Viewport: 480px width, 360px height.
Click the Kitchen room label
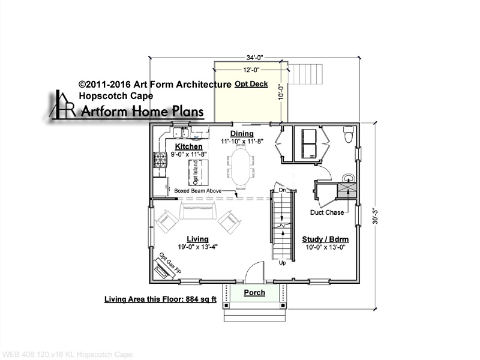[188, 146]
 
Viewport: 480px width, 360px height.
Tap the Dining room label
[242, 133]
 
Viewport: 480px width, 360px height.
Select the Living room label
[198, 239]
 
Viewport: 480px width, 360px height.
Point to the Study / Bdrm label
[325, 239]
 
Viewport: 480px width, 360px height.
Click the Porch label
[254, 293]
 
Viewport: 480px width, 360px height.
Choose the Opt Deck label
[251, 84]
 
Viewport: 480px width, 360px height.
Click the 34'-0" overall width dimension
[254, 58]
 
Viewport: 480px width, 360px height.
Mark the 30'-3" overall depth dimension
[376, 217]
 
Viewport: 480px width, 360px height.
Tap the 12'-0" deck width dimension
[251, 70]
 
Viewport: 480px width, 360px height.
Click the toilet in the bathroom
[349, 134]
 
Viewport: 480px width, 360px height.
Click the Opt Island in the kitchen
[199, 173]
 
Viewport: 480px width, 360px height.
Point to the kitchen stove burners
[160, 160]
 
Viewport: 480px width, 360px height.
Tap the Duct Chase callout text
[327, 212]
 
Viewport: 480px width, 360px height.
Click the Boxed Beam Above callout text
[198, 191]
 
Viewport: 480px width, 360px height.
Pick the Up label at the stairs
[282, 263]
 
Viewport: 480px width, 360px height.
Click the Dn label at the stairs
[282, 190]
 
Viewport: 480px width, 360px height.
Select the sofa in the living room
[198, 211]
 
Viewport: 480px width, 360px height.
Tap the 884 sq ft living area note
[160, 299]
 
